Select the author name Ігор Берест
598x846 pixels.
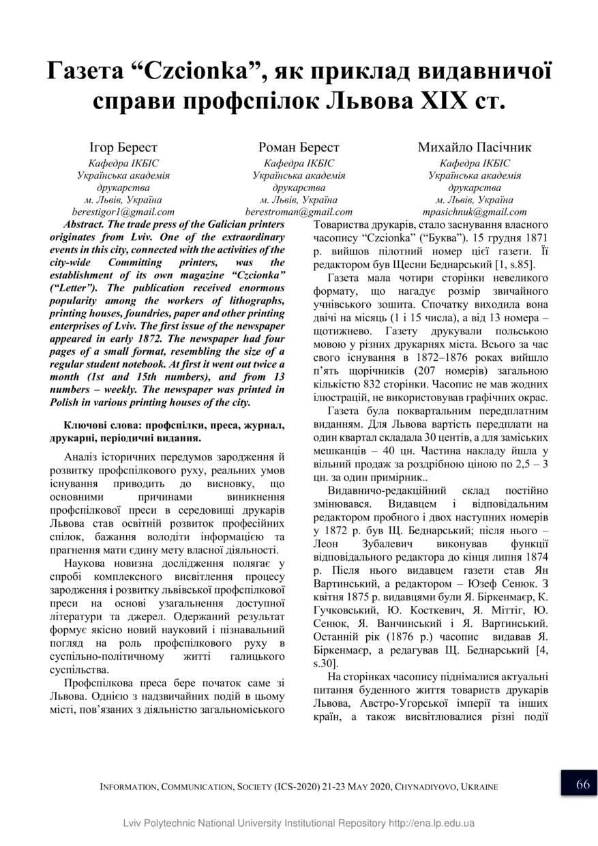coord(123,147)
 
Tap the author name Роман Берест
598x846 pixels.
coord(299,147)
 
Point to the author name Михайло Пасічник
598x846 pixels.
coord(475,147)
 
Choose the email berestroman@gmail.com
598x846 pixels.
coord(299,212)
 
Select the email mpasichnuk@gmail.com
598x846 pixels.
coord(475,212)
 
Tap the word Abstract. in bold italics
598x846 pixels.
coord(87,224)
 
